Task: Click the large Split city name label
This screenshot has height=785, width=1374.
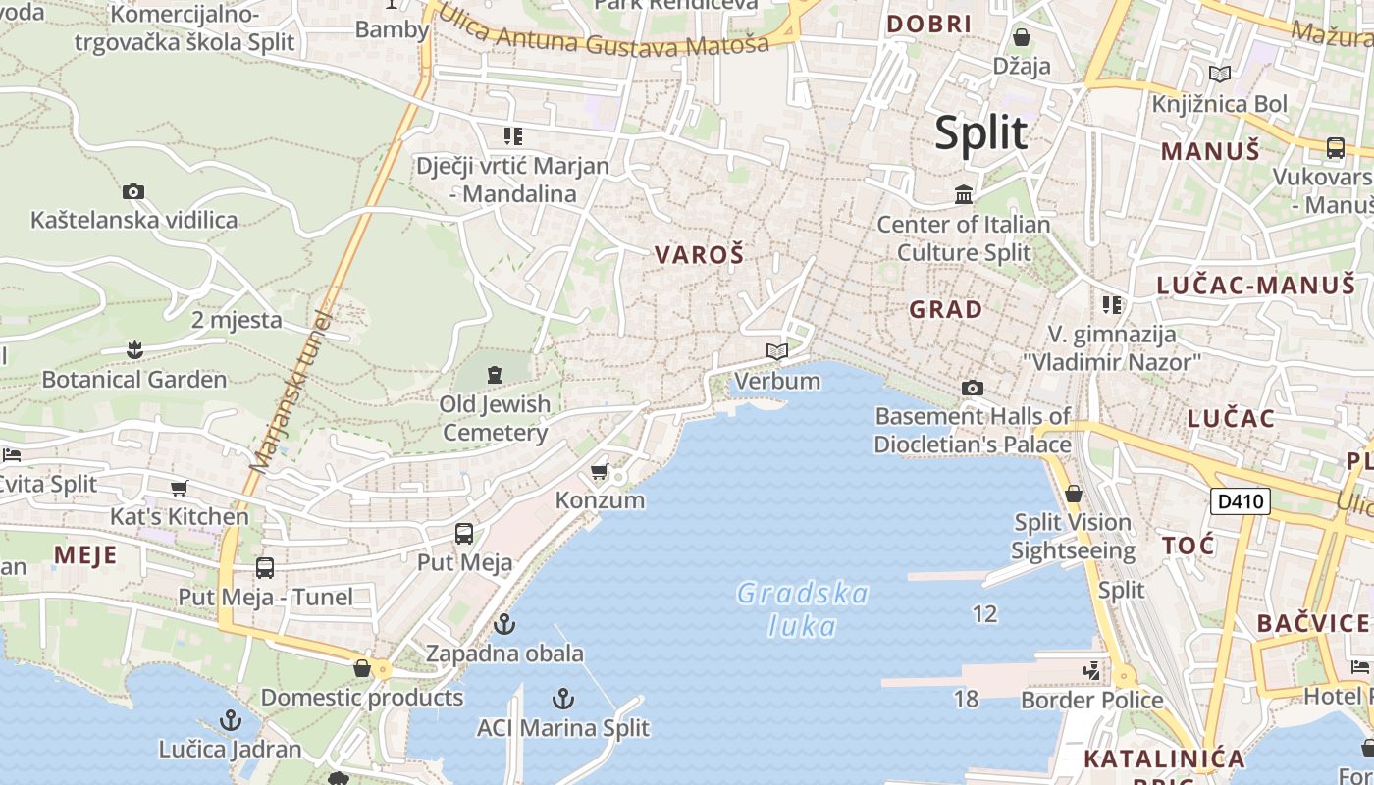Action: (x=980, y=132)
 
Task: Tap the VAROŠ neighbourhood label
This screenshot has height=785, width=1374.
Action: (x=700, y=255)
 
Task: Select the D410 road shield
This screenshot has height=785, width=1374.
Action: (x=1240, y=501)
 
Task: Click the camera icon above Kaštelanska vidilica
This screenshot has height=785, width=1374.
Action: (x=133, y=191)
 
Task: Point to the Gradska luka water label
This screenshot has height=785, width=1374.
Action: (x=803, y=609)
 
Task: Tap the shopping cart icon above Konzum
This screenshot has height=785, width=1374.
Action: (x=600, y=472)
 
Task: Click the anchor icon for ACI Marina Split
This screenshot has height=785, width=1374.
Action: (x=563, y=699)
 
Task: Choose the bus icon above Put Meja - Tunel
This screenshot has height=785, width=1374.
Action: (x=265, y=567)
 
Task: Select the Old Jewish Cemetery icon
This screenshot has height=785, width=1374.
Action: (x=494, y=373)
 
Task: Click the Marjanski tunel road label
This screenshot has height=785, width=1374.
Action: (x=293, y=392)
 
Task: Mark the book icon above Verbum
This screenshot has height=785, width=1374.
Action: (x=777, y=351)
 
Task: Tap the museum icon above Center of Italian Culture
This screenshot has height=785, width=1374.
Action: (x=964, y=194)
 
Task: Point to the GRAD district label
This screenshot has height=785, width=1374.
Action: (x=945, y=310)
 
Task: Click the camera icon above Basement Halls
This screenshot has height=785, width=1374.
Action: (x=973, y=388)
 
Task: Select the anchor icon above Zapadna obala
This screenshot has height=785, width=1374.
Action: (x=504, y=624)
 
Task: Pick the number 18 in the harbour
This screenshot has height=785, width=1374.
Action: (x=966, y=699)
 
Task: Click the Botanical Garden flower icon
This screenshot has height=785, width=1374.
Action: (x=134, y=349)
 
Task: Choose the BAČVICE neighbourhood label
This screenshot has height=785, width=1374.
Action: (x=1312, y=623)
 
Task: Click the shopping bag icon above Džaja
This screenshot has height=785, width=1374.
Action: (x=1022, y=37)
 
